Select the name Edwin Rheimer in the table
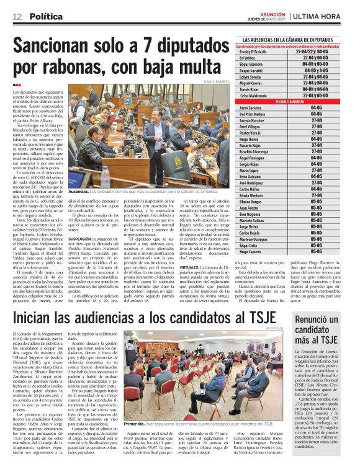tap(254, 195)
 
